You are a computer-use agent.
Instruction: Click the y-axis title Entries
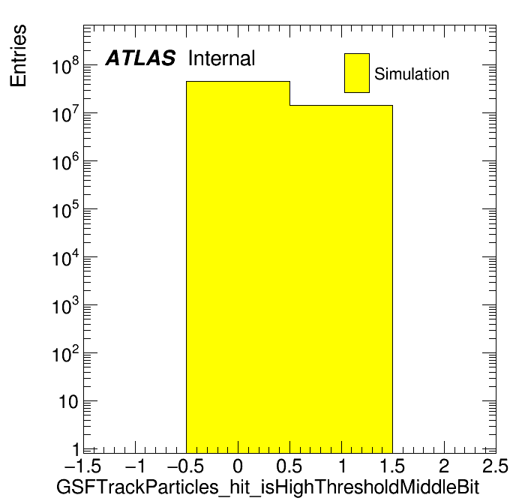point(18,55)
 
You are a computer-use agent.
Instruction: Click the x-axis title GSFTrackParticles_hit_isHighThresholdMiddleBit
point(268,487)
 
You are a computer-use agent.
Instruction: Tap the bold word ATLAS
point(140,58)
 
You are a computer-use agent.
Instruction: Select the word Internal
point(222,58)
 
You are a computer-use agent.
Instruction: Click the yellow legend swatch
point(357,73)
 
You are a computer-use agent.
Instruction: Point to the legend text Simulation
point(412,73)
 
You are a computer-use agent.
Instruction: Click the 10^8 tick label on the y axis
point(65,65)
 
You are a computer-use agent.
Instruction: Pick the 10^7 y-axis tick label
point(65,113)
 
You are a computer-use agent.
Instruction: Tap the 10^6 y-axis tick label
point(65,161)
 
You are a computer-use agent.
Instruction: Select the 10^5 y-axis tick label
point(65,209)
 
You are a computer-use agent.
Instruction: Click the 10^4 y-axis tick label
point(65,258)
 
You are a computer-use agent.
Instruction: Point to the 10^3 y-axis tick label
point(65,305)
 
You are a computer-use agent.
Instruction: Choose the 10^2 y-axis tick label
point(65,353)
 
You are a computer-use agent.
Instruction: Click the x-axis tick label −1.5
point(83,466)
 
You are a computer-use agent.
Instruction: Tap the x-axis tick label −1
point(136,466)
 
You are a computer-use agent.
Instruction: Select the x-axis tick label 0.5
point(289,466)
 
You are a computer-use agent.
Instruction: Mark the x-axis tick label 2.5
point(495,466)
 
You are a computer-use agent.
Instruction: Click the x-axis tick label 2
point(444,466)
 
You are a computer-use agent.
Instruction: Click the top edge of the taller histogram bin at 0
point(238,81)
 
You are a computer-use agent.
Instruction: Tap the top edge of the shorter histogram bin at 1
point(341,105)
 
